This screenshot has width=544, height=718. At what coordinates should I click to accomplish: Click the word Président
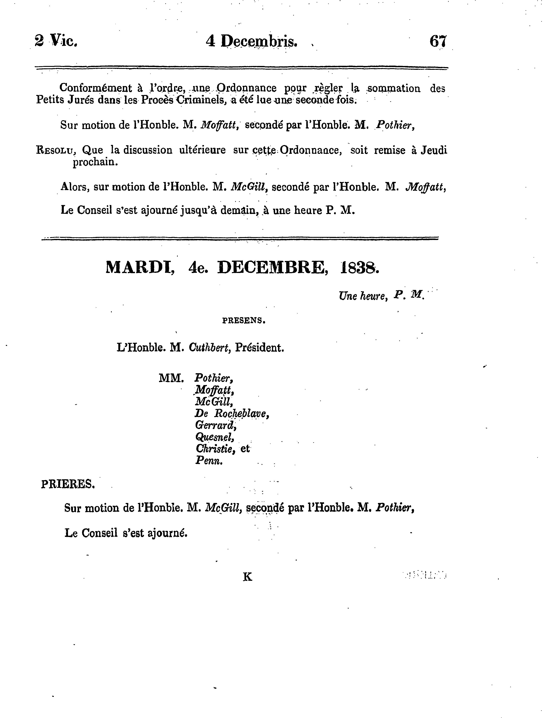259,348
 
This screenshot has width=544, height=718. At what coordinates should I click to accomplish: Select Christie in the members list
215,449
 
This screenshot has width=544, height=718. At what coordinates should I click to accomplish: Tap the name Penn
209,461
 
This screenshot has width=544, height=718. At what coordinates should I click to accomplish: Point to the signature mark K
247,576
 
